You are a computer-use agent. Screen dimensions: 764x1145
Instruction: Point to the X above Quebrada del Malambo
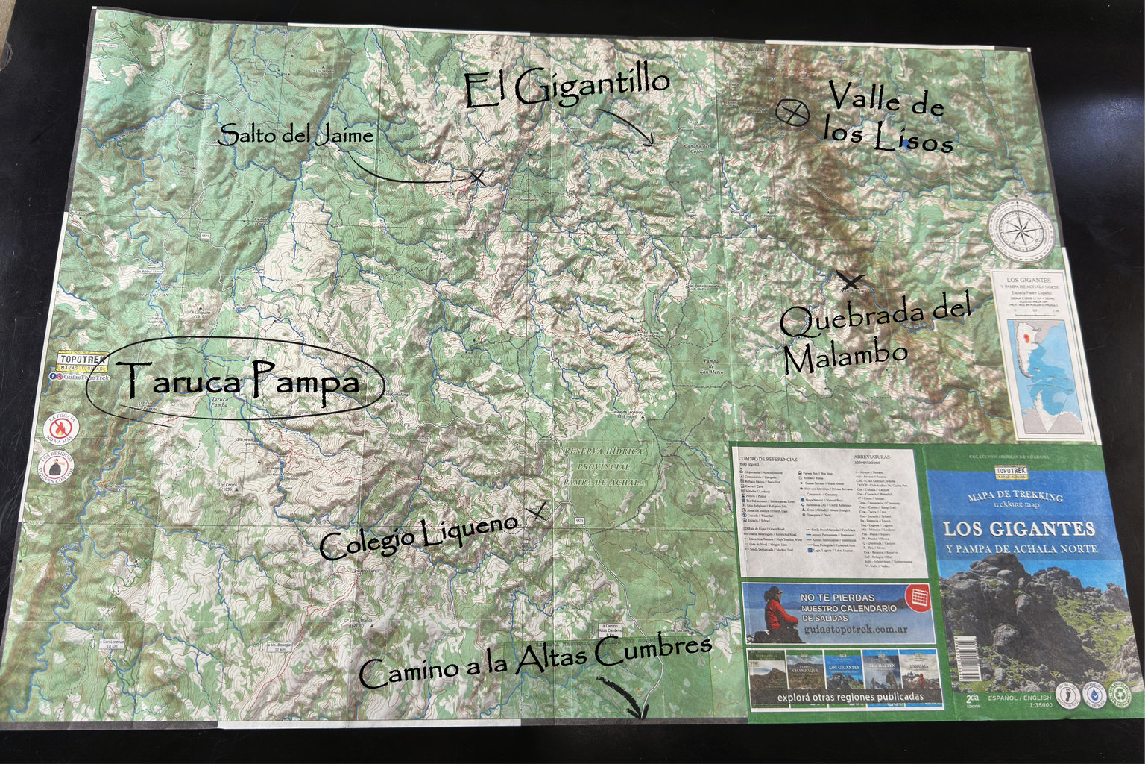tap(849, 281)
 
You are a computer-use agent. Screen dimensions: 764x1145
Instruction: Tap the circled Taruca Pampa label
tap(236, 383)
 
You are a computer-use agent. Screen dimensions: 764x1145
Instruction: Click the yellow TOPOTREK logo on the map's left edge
tap(82, 363)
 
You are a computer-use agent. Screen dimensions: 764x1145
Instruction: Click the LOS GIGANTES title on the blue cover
tap(1019, 529)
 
